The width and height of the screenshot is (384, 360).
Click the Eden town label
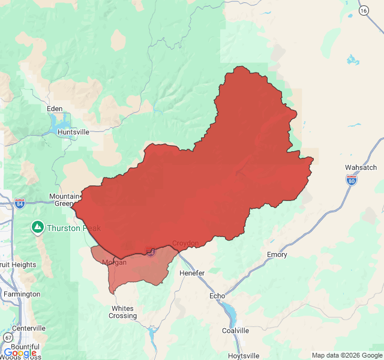click(55, 109)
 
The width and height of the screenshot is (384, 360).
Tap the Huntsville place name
click(73, 132)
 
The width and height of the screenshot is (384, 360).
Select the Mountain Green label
click(64, 200)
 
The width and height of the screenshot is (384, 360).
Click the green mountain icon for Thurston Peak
click(37, 227)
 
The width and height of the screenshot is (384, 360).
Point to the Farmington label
click(21, 294)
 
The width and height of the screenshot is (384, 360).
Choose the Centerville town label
click(29, 328)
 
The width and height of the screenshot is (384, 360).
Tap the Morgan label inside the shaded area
click(114, 263)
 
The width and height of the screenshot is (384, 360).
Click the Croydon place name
click(185, 243)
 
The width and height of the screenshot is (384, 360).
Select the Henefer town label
click(192, 273)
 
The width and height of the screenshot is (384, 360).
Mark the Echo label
click(217, 296)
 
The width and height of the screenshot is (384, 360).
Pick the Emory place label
click(277, 254)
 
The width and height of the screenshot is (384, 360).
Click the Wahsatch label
click(361, 167)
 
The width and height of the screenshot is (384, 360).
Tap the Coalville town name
click(235, 331)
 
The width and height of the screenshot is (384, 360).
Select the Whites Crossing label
click(123, 312)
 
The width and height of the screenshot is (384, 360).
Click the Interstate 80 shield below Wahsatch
click(352, 179)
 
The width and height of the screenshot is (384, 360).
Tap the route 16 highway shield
click(364, 10)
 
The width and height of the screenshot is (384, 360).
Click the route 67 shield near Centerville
click(5, 338)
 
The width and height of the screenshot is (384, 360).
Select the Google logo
click(19, 353)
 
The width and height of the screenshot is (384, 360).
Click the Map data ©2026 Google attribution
click(346, 355)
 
